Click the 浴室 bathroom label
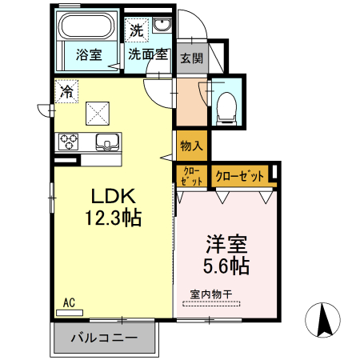[88, 55]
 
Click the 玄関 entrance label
[190, 58]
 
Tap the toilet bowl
[226, 104]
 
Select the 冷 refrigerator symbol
[66, 90]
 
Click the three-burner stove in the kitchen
[67, 142]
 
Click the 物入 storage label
[192, 146]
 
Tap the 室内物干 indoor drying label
[210, 294]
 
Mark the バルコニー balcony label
[104, 338]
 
